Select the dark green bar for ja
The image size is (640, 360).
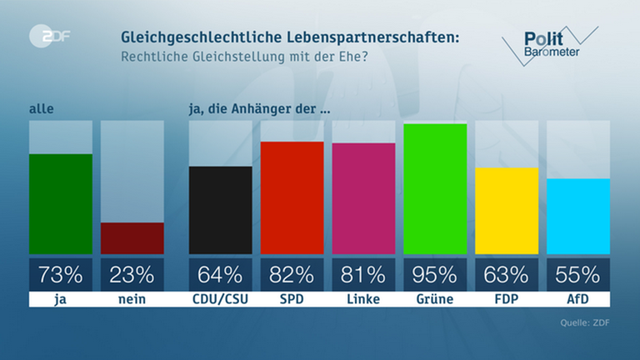tap(61, 203)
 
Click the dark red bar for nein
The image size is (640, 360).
tap(132, 237)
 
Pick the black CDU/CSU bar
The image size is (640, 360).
tap(221, 209)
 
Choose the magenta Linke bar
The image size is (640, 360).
tap(363, 197)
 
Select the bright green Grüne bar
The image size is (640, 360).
tap(435, 187)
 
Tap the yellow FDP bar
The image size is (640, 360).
tap(507, 210)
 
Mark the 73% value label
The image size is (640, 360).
tap(61, 273)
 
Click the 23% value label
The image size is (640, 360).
tap(132, 273)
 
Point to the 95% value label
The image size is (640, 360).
tap(435, 273)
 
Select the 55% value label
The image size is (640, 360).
tap(577, 273)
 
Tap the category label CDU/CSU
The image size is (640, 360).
tap(221, 297)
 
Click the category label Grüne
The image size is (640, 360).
tap(435, 297)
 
